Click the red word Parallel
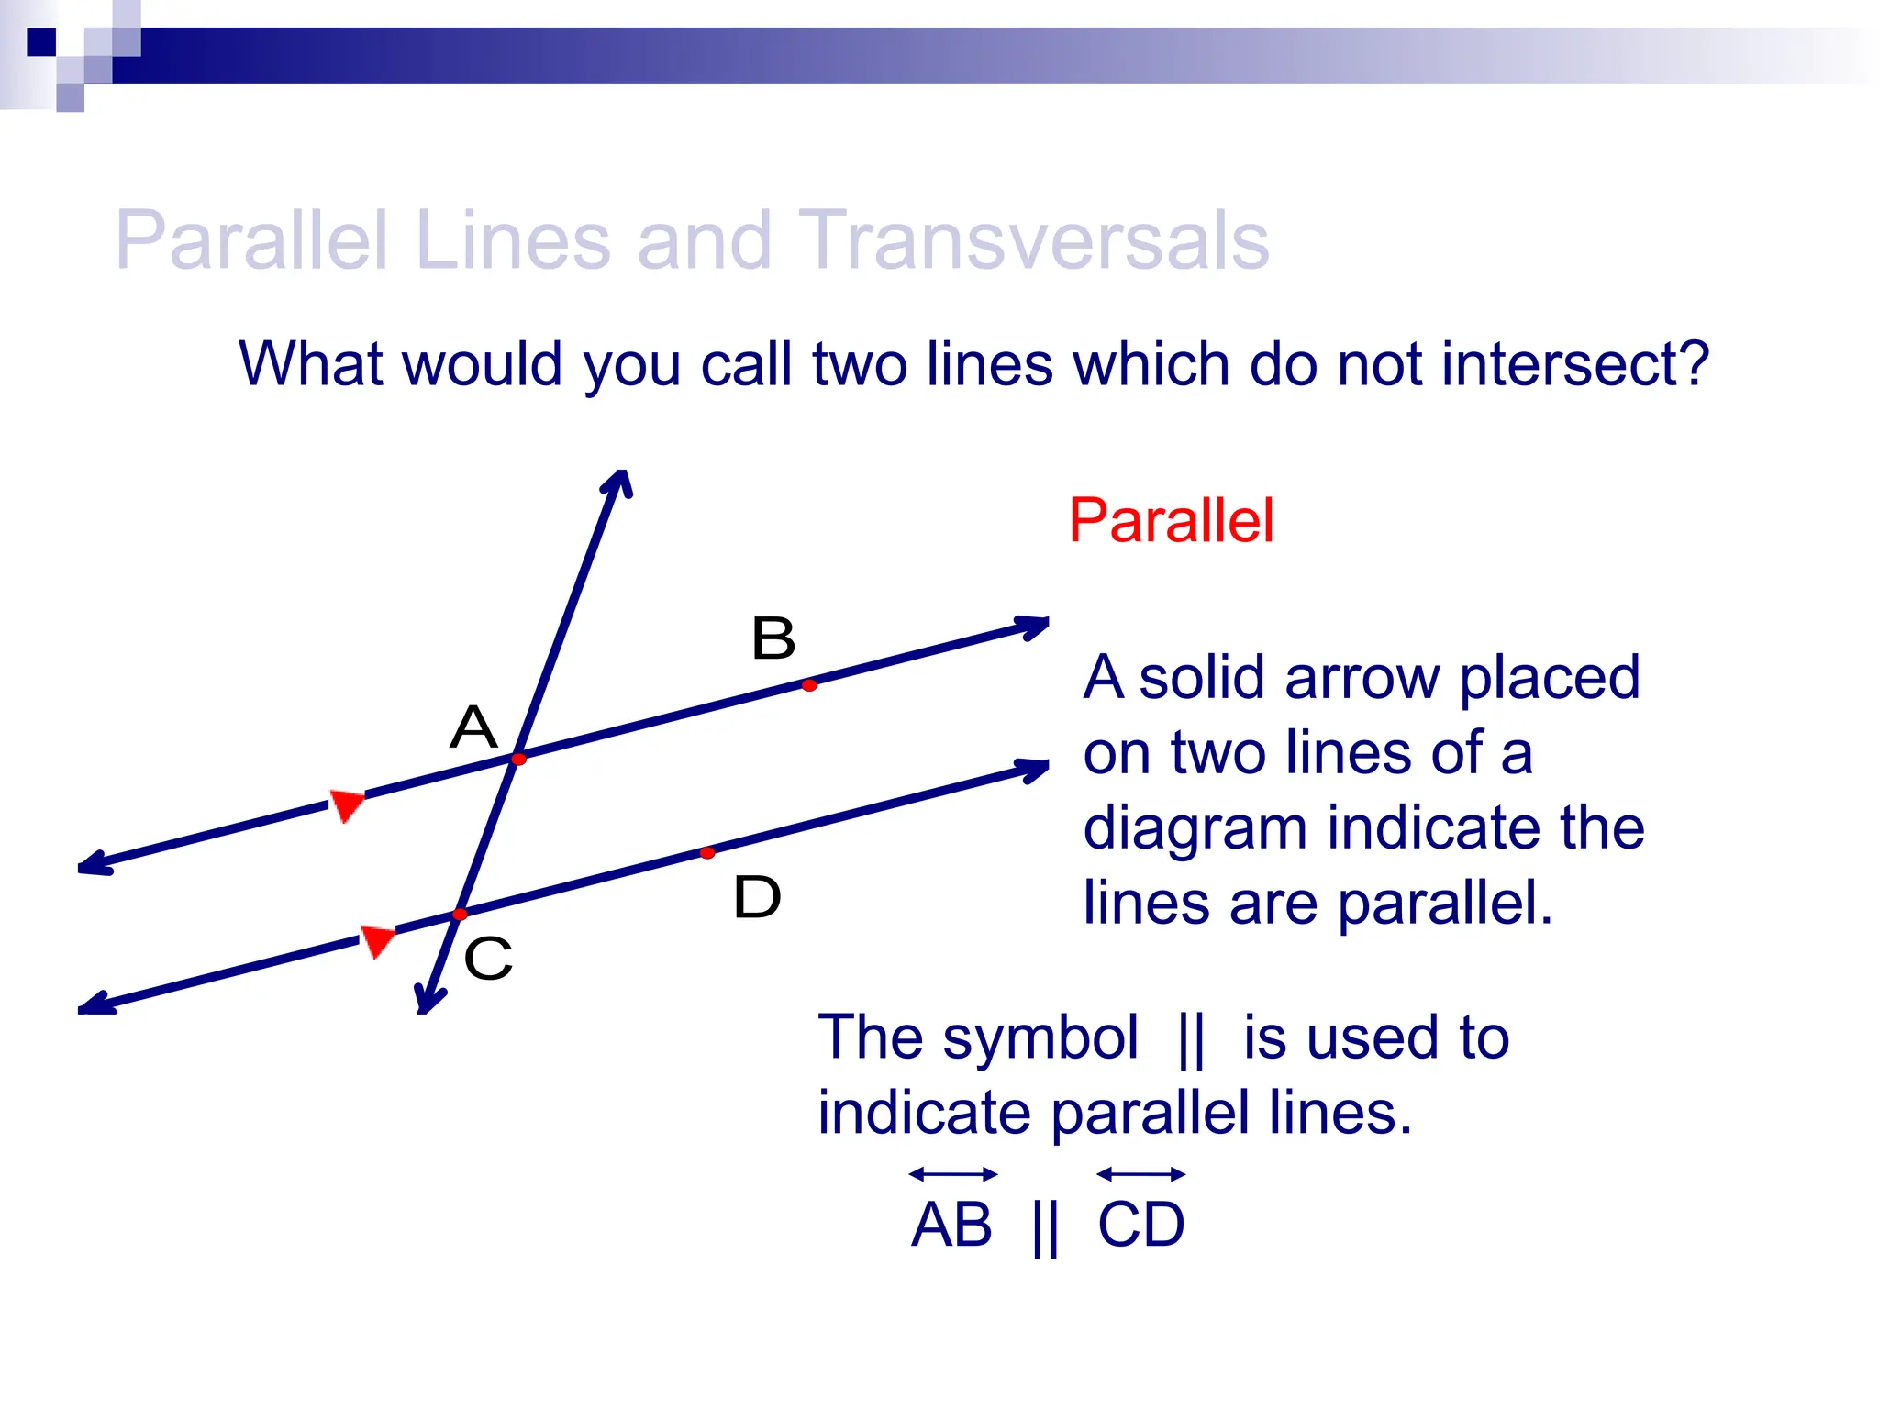click(x=1171, y=520)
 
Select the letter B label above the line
click(x=773, y=638)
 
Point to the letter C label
click(x=487, y=959)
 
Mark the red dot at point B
click(x=809, y=685)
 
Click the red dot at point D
click(x=707, y=853)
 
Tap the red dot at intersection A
click(x=518, y=760)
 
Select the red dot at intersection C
click(x=460, y=915)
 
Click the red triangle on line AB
click(x=347, y=804)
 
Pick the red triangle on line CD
click(x=376, y=940)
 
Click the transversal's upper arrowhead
click(x=620, y=482)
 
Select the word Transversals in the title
click(x=1033, y=240)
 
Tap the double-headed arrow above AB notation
click(x=953, y=1174)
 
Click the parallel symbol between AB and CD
click(x=1045, y=1227)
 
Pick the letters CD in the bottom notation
click(x=1141, y=1225)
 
